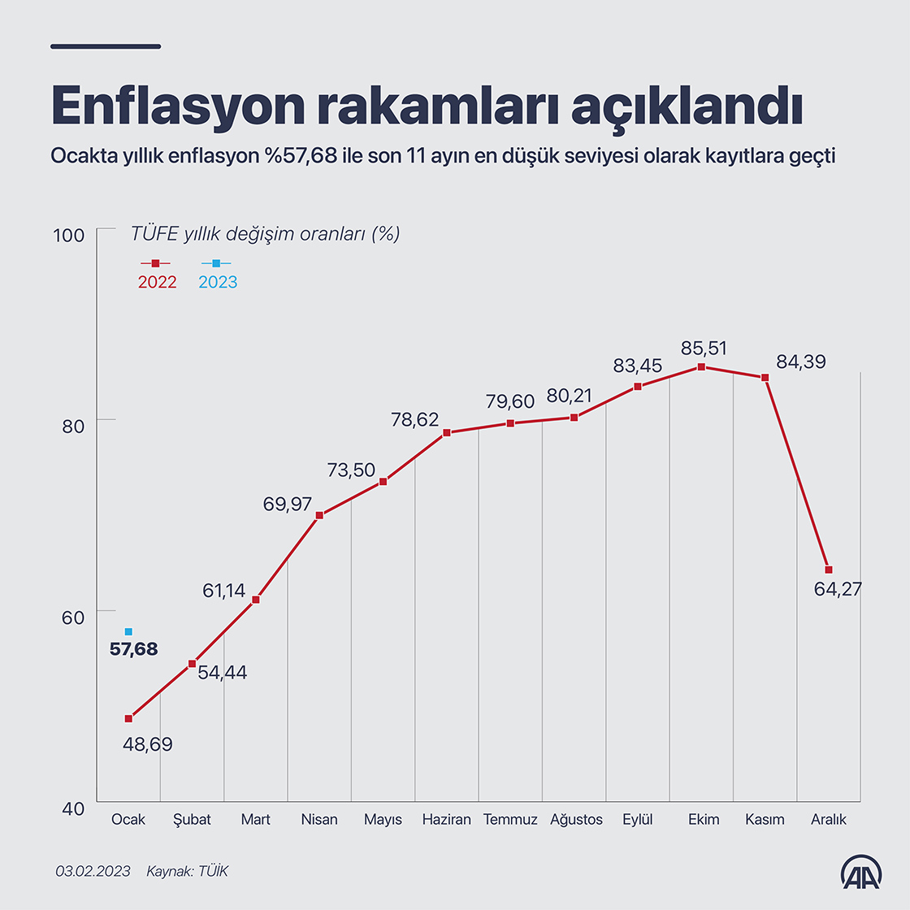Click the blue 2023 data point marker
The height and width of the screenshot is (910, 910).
128,631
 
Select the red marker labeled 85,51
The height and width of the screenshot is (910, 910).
701,367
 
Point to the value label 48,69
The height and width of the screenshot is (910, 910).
148,744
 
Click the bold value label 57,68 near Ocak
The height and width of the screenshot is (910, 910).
134,649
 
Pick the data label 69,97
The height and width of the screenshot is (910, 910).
287,505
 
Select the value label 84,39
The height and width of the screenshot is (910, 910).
800,362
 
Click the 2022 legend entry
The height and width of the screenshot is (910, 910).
157,273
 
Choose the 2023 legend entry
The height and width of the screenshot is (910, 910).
218,273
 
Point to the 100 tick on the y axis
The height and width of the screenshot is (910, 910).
69,236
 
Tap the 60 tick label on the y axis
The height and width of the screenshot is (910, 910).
73,617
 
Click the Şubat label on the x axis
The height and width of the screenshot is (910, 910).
192,819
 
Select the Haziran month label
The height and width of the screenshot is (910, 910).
446,819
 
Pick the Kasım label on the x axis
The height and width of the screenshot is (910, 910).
765,819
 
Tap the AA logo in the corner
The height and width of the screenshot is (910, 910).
861,872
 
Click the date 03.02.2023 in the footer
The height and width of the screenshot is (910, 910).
93,871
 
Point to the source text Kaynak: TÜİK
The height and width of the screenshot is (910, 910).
188,871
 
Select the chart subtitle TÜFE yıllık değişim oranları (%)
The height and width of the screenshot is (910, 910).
266,234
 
